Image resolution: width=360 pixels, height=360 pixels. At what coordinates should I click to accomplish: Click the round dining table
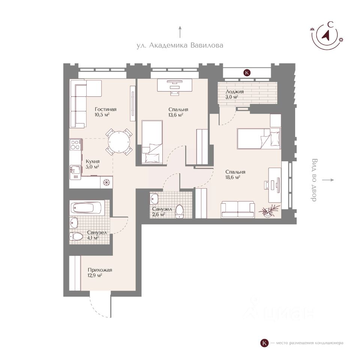click(x=119, y=142)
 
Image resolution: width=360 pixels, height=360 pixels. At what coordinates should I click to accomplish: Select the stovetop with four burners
click(x=75, y=145)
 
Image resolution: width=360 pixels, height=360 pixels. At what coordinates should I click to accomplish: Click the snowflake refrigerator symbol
click(x=106, y=182)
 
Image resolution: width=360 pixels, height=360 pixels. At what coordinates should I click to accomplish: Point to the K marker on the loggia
click(x=247, y=73)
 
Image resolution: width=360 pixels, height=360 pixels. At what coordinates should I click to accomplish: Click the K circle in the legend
click(x=264, y=343)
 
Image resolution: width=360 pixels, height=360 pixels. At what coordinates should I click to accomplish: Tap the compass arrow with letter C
click(x=326, y=35)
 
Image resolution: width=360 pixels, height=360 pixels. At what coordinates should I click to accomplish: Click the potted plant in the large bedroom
click(x=268, y=210)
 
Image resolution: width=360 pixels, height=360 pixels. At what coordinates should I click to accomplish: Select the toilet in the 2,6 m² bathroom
click(x=179, y=211)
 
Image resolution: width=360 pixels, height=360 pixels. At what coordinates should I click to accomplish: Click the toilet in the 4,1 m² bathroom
click(x=76, y=236)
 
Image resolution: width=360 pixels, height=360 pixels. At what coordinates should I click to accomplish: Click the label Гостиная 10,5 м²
click(x=105, y=112)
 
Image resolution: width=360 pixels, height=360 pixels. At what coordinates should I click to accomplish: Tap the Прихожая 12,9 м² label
click(x=100, y=272)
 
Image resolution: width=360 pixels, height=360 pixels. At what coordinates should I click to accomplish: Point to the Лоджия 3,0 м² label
click(x=234, y=94)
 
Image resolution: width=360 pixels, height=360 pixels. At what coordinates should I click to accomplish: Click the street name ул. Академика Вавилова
click(x=180, y=45)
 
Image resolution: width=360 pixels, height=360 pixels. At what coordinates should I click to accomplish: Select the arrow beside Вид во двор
click(x=328, y=180)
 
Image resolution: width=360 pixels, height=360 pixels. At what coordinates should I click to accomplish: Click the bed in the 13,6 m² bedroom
click(x=152, y=142)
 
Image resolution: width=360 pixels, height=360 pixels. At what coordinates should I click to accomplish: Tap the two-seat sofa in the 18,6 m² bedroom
click(x=238, y=209)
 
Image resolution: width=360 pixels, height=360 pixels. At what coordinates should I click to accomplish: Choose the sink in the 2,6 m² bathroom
click(x=154, y=198)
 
